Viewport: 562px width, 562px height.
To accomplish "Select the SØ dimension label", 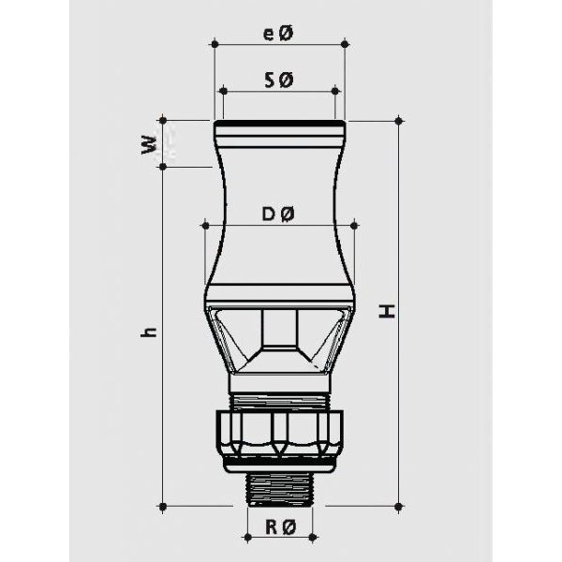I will click(279, 82).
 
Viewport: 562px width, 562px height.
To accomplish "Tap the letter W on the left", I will click(148, 145).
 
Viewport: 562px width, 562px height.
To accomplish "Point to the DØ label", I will click(279, 215).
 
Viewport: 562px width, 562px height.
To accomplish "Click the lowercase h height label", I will click(151, 333).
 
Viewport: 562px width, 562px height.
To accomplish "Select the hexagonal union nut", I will click(280, 433).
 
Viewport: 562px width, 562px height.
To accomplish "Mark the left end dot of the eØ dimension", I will click(214, 43).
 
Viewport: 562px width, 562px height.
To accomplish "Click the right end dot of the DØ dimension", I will click(355, 225).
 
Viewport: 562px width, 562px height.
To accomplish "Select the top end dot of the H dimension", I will click(400, 120).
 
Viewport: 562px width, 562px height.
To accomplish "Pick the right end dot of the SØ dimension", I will click(335, 91).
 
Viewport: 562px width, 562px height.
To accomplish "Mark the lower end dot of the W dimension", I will click(163, 167).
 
